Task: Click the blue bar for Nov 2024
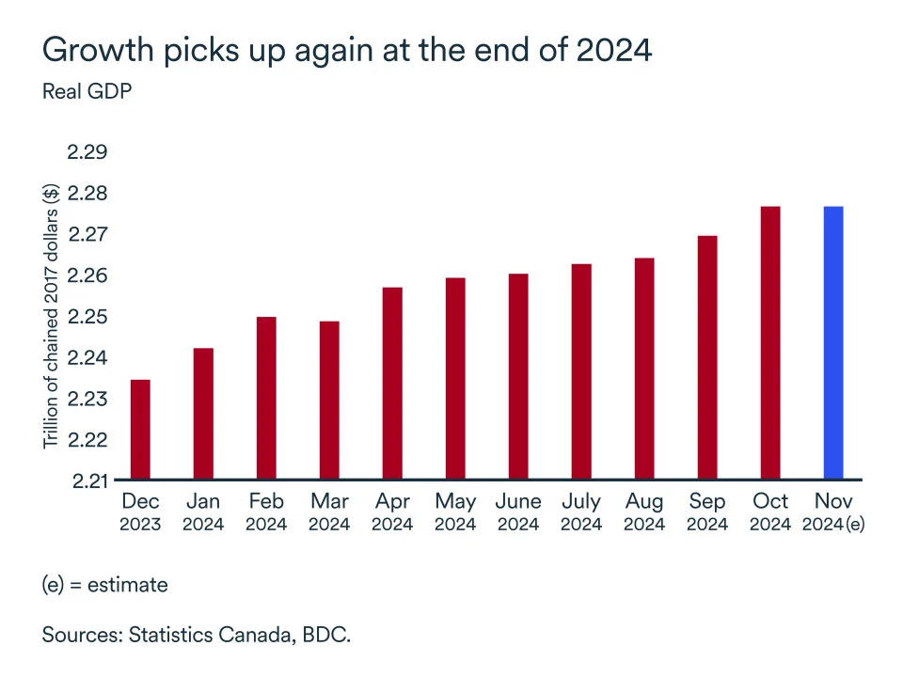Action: click(832, 343)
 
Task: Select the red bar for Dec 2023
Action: click(139, 430)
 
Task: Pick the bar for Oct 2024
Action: click(769, 343)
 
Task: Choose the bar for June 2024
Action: click(517, 377)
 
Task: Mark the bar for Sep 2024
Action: click(706, 357)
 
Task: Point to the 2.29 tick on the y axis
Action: click(87, 152)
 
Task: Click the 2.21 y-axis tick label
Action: click(87, 480)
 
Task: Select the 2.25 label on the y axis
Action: click(87, 317)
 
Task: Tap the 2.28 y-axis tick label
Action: click(87, 194)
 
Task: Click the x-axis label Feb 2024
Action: click(266, 512)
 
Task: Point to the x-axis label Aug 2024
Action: click(644, 512)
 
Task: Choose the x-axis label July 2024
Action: click(581, 512)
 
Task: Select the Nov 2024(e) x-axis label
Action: click(832, 512)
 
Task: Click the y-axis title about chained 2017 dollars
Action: click(52, 316)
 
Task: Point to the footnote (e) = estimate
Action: click(104, 585)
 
